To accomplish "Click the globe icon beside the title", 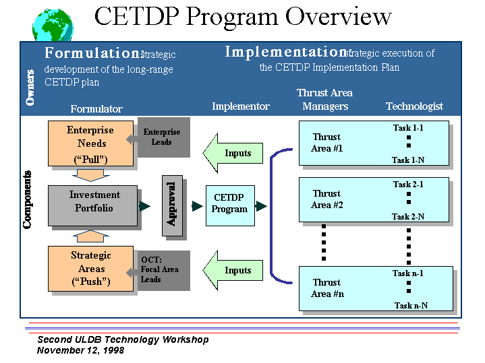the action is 53,26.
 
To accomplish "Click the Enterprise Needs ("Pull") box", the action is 90,143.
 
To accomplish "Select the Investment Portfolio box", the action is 93,205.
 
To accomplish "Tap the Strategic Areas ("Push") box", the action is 90,269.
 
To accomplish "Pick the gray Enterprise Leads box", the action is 164,137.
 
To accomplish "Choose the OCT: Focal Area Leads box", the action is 164,270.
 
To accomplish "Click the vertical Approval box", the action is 172,206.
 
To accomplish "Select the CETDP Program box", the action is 230,205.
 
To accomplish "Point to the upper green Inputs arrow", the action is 233,153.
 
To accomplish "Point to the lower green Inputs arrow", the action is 233,270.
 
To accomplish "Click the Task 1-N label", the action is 408,160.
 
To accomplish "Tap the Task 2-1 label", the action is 408,185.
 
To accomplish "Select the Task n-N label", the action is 411,306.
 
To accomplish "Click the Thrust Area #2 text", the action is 327,199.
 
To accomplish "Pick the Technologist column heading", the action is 414,106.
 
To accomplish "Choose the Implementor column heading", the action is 241,106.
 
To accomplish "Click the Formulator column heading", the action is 96,108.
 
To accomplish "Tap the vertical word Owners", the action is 30,88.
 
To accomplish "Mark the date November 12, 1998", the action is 81,350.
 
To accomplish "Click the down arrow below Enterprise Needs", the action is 90,175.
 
